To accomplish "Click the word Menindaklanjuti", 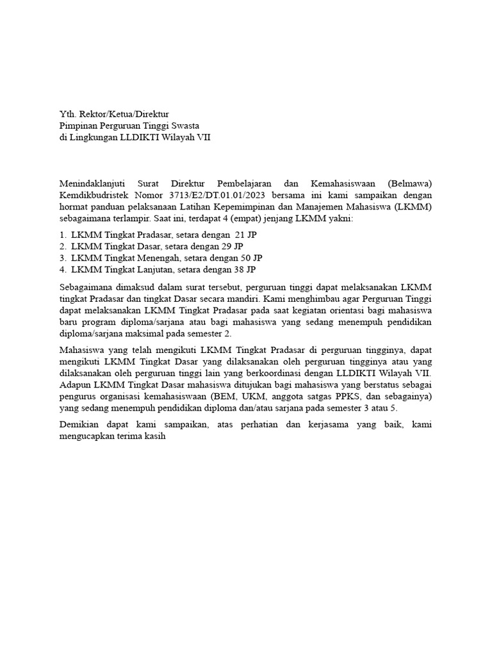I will (x=92, y=183).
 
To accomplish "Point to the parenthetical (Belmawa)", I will (x=409, y=183).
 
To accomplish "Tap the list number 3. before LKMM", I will (x=63, y=258).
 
